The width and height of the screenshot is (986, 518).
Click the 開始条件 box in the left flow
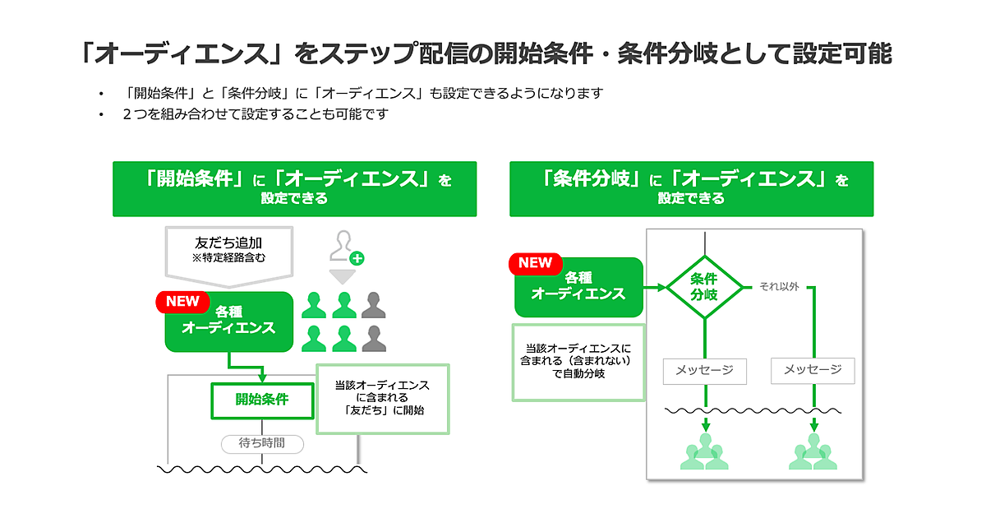click(262, 400)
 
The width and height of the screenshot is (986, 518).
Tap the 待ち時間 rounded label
click(262, 443)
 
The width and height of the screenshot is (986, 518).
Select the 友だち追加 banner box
click(229, 249)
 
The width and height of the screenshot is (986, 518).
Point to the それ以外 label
click(779, 287)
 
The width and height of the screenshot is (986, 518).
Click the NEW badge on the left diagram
click(182, 302)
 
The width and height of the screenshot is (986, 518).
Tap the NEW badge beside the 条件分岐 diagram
click(535, 263)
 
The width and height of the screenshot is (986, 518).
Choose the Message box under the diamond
click(704, 370)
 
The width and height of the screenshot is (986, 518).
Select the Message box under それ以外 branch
click(813, 370)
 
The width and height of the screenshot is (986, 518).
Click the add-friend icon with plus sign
click(345, 247)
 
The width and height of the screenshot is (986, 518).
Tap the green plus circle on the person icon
click(357, 258)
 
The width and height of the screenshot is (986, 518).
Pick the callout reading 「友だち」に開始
click(383, 398)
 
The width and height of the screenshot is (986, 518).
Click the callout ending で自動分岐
click(578, 362)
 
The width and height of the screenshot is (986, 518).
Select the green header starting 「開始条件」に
click(294, 188)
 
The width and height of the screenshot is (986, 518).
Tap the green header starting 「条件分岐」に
click(691, 188)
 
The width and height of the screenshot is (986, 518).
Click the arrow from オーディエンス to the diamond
click(655, 288)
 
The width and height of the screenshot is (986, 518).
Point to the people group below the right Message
click(813, 452)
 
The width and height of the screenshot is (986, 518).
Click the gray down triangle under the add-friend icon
click(342, 275)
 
